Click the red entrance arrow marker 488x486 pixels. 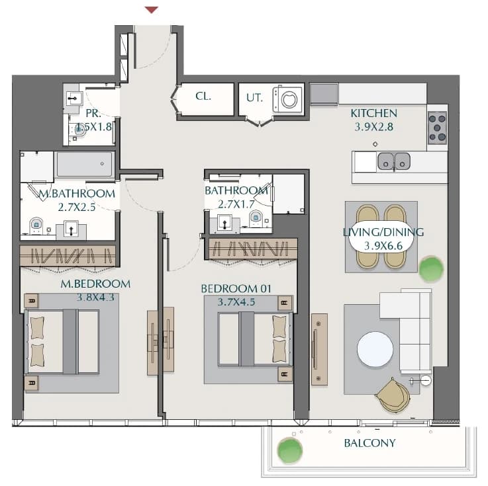(x=152, y=10)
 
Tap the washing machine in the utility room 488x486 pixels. (x=287, y=99)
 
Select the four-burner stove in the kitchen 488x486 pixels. (x=437, y=128)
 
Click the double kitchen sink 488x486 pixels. (x=394, y=161)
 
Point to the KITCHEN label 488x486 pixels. (x=374, y=114)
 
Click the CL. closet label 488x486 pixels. (x=203, y=96)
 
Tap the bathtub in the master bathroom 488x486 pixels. (x=84, y=164)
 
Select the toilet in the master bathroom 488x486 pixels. (x=36, y=225)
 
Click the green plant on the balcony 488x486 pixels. (x=290, y=450)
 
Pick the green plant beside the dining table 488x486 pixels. (x=431, y=269)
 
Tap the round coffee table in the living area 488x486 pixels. (x=375, y=349)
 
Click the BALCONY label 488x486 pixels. (x=369, y=443)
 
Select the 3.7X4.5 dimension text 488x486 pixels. (x=236, y=302)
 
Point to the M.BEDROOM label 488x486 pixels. (x=95, y=284)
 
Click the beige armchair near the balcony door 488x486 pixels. (x=393, y=395)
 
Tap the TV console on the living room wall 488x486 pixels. (x=319, y=350)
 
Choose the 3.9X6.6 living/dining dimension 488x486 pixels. (x=383, y=246)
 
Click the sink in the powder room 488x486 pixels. (x=74, y=99)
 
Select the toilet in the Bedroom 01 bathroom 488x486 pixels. (x=256, y=218)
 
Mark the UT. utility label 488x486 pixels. (x=254, y=98)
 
